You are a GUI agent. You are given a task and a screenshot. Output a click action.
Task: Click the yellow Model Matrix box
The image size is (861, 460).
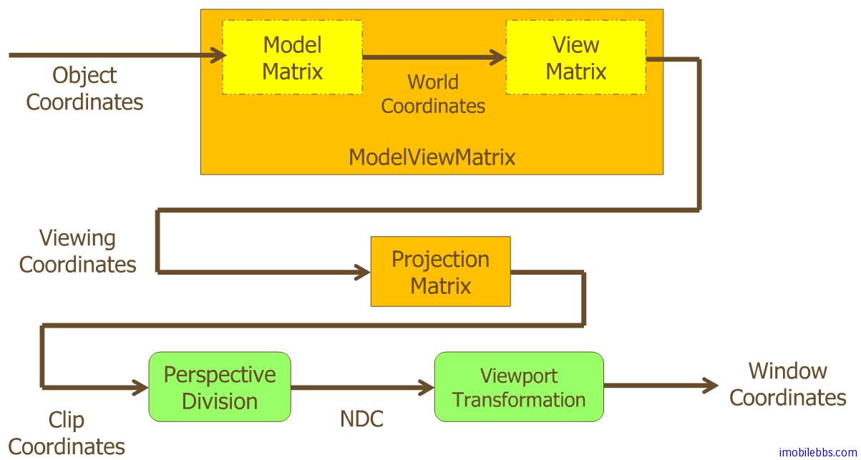click(x=292, y=57)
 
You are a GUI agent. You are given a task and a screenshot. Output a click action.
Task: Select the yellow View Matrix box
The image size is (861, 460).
click(x=575, y=57)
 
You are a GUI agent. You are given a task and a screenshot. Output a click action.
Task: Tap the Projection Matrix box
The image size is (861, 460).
click(x=440, y=272)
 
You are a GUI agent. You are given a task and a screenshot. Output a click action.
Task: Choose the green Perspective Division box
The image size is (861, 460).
click(x=219, y=387)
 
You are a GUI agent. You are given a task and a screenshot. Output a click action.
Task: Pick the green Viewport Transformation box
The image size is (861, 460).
click(x=519, y=387)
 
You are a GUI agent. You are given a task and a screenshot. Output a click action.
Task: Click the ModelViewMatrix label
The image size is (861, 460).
click(x=432, y=157)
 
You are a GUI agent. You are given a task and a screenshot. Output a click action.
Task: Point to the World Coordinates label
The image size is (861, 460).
click(x=432, y=94)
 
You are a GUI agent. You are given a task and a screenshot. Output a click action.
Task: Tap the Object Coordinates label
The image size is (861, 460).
click(x=84, y=88)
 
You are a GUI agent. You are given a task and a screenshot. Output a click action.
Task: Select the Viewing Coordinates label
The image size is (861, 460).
click(x=77, y=251)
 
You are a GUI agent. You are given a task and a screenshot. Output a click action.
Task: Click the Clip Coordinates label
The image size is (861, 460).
click(x=66, y=433)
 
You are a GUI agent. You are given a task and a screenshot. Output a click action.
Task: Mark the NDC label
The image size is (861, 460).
click(x=361, y=419)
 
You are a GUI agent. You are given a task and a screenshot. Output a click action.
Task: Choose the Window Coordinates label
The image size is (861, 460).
click(x=787, y=384)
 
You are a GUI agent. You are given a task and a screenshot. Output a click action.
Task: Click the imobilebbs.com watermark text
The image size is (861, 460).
click(x=818, y=452)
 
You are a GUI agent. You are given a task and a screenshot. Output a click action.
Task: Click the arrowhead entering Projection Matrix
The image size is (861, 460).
click(x=362, y=272)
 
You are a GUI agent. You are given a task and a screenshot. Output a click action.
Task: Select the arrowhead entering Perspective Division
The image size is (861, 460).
click(x=140, y=388)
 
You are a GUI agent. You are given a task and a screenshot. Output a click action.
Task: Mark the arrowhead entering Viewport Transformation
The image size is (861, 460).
click(x=427, y=388)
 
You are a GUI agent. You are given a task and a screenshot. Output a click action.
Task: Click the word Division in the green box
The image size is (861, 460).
click(x=219, y=401)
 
